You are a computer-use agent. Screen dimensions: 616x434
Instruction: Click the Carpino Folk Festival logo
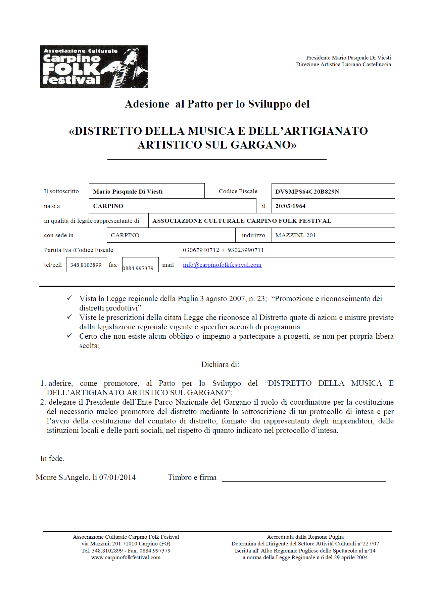pos(94,67)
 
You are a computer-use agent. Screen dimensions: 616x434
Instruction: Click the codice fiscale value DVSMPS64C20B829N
pos(307,192)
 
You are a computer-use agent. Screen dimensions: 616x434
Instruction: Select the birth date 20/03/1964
pos(290,206)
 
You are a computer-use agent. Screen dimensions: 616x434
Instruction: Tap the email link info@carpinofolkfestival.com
pos(222,265)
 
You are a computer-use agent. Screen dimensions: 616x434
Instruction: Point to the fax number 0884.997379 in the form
pos(138,268)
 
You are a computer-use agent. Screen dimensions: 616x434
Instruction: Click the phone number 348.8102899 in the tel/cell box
pos(86,265)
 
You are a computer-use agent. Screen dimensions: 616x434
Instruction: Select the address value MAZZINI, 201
pos(295,235)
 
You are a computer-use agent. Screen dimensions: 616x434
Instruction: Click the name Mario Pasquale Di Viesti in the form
pos(128,192)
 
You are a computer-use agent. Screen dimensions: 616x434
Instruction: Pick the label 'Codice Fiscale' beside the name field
pos(238,191)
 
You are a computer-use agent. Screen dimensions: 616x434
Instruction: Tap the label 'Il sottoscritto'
pos(61,191)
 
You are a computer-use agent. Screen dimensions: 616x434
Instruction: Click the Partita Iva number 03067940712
pos(201,250)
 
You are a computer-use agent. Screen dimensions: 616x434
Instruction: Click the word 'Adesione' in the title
pos(147,104)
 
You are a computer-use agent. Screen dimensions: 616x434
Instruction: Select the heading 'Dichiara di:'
pos(220,364)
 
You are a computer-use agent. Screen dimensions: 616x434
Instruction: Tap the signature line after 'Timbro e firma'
pos(303,480)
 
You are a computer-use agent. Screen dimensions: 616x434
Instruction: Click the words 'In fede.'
pos(52,458)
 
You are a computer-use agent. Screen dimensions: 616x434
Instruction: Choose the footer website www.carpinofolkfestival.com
pos(126,557)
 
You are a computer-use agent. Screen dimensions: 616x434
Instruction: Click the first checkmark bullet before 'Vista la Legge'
pos(69,298)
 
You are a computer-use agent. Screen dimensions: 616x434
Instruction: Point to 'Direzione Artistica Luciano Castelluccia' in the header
pos(343,65)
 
